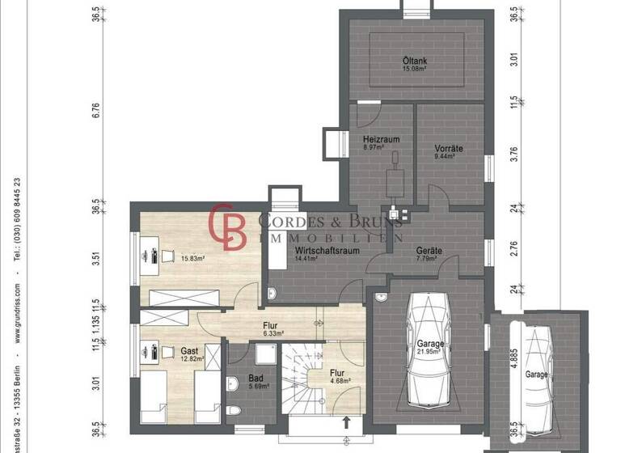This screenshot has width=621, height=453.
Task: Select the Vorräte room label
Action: pos(447,148)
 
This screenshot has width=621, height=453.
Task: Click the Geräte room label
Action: pos(429,251)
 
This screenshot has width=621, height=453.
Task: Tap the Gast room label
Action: pos(190,351)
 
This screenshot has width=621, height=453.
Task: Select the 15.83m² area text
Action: pos(192,259)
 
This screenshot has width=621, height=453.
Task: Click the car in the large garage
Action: pos(428,349)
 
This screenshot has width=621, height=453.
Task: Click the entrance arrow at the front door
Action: pos(346,421)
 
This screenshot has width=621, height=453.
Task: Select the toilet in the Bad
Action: pos(235,410)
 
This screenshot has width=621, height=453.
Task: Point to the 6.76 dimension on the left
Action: pos(95,109)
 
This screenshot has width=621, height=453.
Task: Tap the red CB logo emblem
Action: pos(228,227)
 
